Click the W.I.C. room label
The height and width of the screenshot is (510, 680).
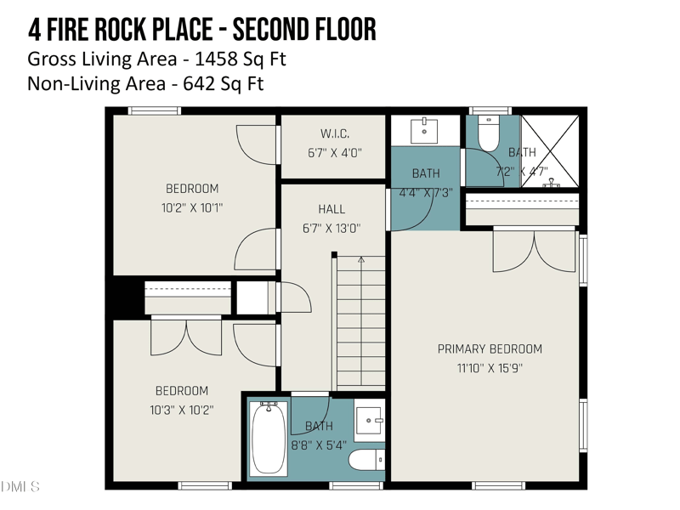(335, 133)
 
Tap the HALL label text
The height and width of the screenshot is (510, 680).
(331, 209)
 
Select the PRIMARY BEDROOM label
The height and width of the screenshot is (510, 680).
(490, 349)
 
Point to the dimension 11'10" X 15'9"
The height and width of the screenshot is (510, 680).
(490, 368)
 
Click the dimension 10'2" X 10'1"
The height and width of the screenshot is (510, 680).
(192, 207)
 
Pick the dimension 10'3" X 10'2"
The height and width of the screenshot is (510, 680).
(182, 410)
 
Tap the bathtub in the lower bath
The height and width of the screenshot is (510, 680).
(269, 438)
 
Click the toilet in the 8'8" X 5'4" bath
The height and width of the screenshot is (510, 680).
(366, 460)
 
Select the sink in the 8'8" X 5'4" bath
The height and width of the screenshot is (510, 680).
(370, 420)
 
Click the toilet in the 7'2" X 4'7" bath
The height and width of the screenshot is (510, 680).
(489, 133)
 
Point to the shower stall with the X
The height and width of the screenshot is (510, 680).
(549, 151)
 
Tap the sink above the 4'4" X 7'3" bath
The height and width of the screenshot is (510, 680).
(424, 130)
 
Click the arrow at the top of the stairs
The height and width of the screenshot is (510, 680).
(361, 260)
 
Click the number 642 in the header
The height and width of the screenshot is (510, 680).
(199, 83)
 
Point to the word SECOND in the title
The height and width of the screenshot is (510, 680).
(267, 30)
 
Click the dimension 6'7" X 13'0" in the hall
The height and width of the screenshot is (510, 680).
(331, 229)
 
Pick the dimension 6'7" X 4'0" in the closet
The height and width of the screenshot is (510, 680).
(335, 153)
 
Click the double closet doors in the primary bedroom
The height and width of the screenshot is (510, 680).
(535, 251)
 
